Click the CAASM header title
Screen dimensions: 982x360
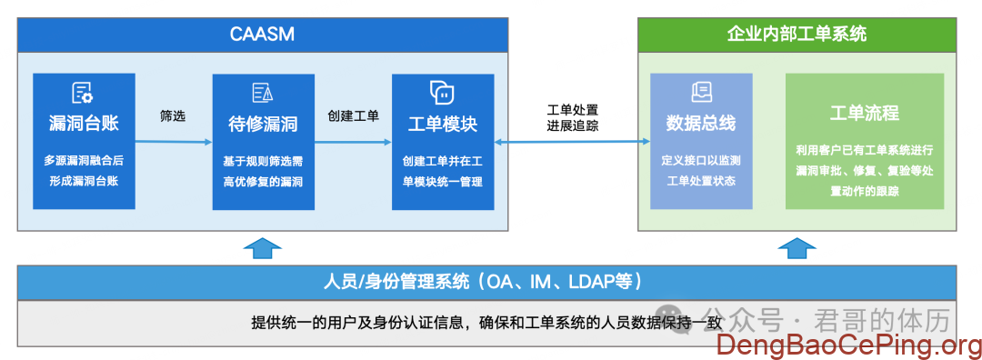pyautogui.click(x=262, y=34)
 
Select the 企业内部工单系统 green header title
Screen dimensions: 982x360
pyautogui.click(x=797, y=34)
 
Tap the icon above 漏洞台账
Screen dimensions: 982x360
pyautogui.click(x=84, y=93)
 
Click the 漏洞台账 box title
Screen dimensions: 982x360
pyautogui.click(x=84, y=124)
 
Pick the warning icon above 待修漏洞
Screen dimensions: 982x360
pyautogui.click(x=263, y=94)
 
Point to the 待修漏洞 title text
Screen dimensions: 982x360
pyautogui.click(x=263, y=124)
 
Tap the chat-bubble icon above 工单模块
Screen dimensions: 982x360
pyautogui.click(x=442, y=92)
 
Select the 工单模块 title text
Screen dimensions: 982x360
pyautogui.click(x=443, y=124)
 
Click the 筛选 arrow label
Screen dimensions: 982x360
pyautogui.click(x=173, y=116)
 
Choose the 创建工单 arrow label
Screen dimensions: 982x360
pyautogui.click(x=353, y=116)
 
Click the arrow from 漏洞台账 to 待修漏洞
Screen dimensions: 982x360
pyautogui.click(x=174, y=142)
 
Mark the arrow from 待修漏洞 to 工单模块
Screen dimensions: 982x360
pyautogui.click(x=353, y=142)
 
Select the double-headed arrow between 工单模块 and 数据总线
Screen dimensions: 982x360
pyautogui.click(x=573, y=142)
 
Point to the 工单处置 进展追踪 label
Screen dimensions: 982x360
pyautogui.click(x=573, y=117)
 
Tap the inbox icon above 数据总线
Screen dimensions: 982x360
pyautogui.click(x=701, y=93)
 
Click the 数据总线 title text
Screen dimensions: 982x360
pyautogui.click(x=701, y=124)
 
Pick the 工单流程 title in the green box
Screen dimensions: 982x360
pyautogui.click(x=865, y=114)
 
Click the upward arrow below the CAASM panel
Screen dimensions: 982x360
pyautogui.click(x=262, y=248)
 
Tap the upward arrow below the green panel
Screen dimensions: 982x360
pyautogui.click(x=797, y=248)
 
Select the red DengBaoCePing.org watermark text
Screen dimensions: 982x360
pyautogui.click(x=848, y=345)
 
